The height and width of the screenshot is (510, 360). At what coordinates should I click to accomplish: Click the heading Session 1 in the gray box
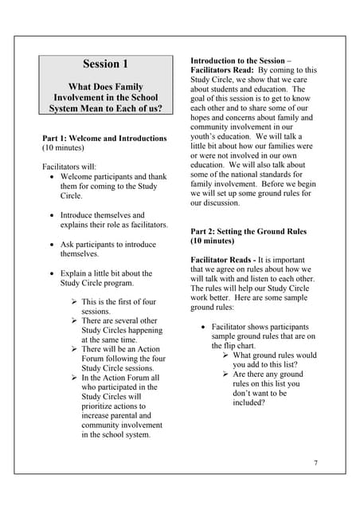tap(105, 64)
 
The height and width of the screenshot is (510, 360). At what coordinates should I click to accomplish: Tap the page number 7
tap(315, 463)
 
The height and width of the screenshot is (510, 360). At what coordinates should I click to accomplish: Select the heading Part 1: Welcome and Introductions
tap(104, 138)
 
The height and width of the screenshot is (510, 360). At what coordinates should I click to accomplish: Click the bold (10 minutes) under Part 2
tap(212, 241)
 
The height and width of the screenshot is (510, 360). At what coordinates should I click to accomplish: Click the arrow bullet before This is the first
tap(73, 302)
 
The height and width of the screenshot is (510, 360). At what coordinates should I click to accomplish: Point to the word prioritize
tap(104, 406)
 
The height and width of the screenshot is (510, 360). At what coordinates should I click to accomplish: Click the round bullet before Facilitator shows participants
tap(205, 327)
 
